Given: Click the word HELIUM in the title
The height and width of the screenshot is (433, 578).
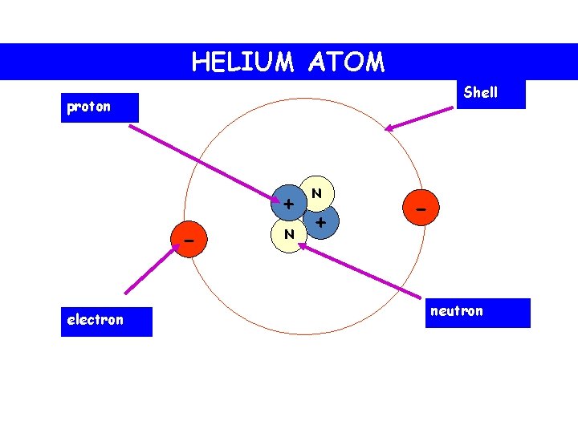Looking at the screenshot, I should [242, 62].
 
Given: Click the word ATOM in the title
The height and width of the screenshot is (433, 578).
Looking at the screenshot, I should [345, 62].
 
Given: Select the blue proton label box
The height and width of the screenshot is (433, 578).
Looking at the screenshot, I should [100, 107].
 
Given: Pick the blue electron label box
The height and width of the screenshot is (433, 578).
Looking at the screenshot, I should [106, 321].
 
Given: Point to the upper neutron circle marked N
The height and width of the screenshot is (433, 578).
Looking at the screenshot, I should [317, 192].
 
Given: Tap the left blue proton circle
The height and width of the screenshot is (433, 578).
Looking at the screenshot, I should [287, 205].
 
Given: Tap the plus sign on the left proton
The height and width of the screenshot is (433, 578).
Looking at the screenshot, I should [287, 204].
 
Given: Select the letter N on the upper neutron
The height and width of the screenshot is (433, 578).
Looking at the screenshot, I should [317, 192].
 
